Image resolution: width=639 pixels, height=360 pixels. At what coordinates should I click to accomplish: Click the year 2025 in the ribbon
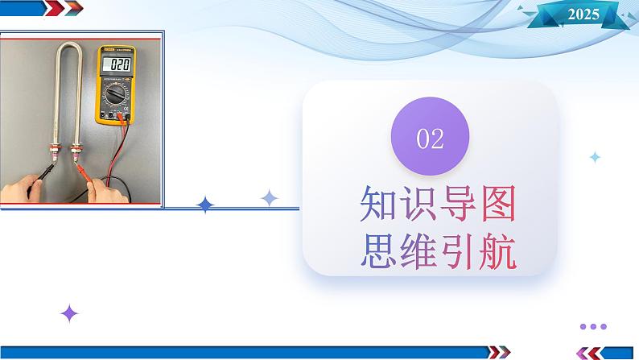tap(583, 14)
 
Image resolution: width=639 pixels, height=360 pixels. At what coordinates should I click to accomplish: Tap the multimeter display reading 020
tap(118, 64)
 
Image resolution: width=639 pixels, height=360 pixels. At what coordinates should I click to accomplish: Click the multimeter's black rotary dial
tap(116, 94)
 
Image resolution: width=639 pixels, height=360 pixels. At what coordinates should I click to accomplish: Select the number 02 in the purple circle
tap(430, 139)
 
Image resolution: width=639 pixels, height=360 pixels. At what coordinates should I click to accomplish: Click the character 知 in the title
tap(377, 204)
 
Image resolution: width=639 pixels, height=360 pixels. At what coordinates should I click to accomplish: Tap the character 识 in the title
tap(418, 204)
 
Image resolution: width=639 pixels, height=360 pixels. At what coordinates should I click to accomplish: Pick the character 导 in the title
tap(458, 204)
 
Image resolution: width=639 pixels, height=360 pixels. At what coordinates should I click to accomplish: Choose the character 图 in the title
tap(498, 204)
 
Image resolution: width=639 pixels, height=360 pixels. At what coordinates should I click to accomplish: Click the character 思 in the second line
tap(377, 250)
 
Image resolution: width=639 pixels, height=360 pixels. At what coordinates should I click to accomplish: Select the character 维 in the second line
tap(418, 250)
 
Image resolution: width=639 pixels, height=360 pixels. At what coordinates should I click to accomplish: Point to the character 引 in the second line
tap(458, 250)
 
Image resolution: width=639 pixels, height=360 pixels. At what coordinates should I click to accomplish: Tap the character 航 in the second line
tap(498, 250)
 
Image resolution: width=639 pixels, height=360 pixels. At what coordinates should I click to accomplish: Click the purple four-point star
tap(69, 313)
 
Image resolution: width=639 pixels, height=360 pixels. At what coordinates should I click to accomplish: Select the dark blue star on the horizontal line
tap(205, 205)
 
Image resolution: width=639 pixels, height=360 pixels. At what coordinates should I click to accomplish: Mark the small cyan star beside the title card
tap(595, 157)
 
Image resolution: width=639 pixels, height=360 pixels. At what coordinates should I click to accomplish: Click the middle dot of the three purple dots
tap(593, 326)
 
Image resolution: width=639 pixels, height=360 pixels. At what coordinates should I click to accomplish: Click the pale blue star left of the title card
tap(269, 198)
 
